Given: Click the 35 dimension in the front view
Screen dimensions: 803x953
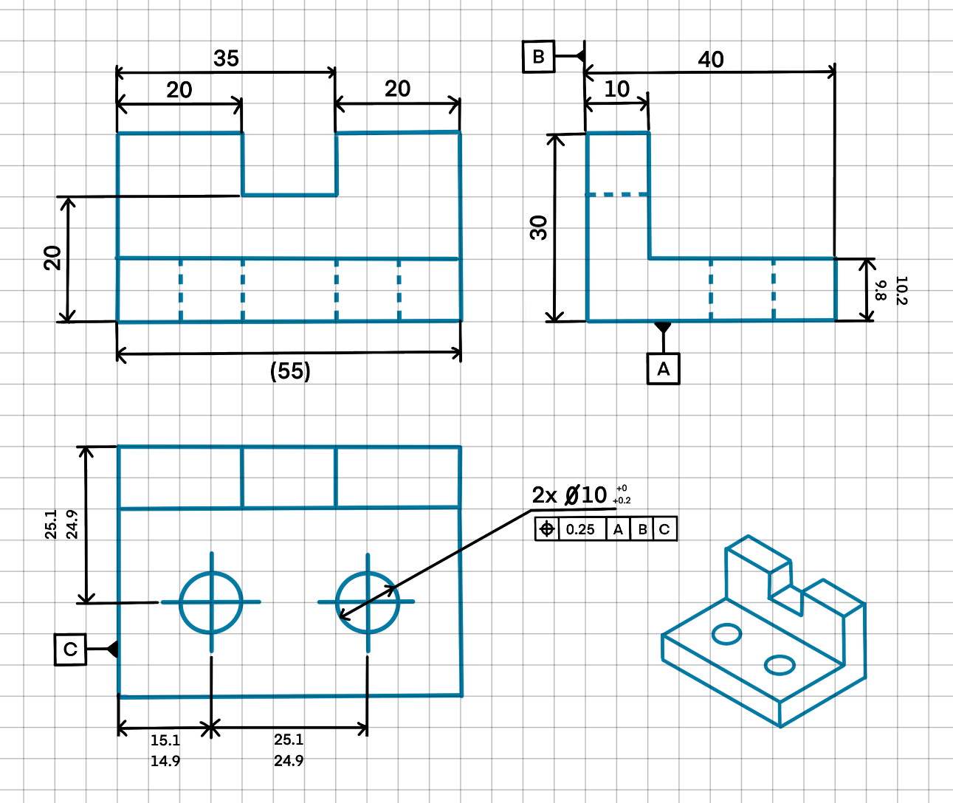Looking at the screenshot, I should click(x=226, y=58).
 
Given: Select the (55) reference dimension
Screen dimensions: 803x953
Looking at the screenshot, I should click(x=290, y=371).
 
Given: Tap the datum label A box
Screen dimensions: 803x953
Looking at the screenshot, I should click(x=663, y=368).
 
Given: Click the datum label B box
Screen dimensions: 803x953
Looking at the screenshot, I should click(x=538, y=57).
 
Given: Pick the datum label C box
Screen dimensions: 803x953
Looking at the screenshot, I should click(x=70, y=649).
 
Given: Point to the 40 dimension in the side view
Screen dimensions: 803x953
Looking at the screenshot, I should click(x=710, y=60).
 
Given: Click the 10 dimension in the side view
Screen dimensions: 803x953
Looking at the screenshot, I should click(x=616, y=89).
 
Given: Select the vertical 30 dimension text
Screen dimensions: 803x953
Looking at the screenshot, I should click(x=539, y=228).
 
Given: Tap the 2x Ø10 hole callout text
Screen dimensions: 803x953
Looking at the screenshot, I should click(x=570, y=495).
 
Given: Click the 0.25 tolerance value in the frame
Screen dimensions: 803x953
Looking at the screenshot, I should click(x=580, y=529).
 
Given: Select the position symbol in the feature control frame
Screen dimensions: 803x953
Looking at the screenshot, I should click(x=547, y=529).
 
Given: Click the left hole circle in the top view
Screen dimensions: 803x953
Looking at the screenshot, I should click(x=211, y=602).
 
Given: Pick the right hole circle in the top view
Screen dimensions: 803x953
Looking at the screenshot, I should click(x=367, y=602).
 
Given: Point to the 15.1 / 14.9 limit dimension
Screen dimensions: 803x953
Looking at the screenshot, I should click(x=165, y=750).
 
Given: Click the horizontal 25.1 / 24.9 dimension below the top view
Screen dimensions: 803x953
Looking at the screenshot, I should click(x=289, y=750).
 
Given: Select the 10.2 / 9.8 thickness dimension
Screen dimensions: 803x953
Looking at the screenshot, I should click(x=890, y=290).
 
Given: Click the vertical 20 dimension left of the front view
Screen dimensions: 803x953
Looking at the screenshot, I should click(x=52, y=258).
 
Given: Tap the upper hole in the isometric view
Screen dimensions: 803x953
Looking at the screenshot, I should click(x=726, y=633).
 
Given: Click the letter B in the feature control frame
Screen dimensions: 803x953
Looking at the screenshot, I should click(x=642, y=529).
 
